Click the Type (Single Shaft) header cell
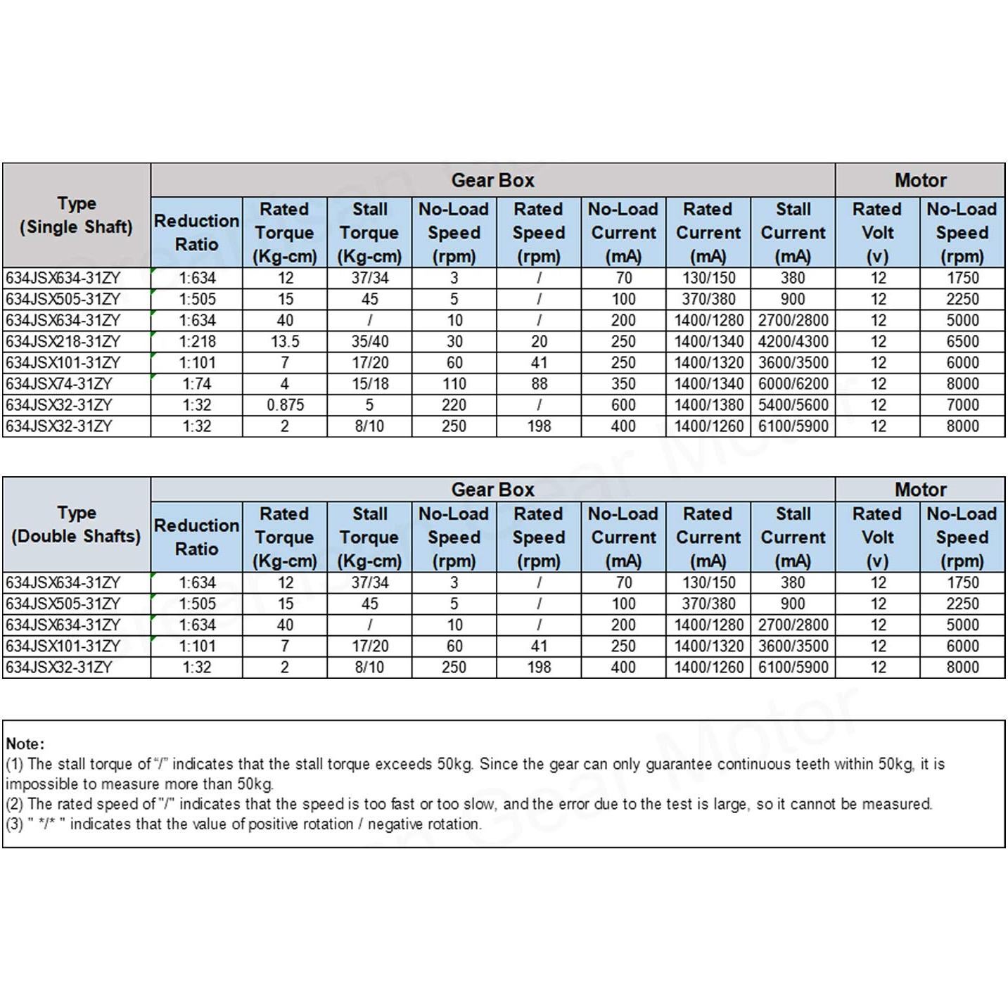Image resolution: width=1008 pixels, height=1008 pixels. click(76, 215)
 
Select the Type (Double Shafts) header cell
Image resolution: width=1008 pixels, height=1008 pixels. click(76, 524)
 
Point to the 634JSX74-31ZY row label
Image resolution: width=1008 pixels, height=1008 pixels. click(59, 384)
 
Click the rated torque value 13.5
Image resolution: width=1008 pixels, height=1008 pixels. click(285, 342)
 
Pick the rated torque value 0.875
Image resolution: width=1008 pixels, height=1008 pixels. click(285, 405)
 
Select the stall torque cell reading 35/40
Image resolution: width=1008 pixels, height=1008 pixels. click(369, 342)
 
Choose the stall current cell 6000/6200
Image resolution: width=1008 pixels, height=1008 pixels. click(793, 384)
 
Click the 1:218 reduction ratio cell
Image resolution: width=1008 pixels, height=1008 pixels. click(197, 342)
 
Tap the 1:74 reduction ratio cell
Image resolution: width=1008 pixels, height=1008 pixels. click(197, 384)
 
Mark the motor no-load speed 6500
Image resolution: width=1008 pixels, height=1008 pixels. click(962, 342)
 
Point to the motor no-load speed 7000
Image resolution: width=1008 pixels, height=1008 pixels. click(962, 405)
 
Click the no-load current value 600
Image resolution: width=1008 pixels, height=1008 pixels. click(623, 405)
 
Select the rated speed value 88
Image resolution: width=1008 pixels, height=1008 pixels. click(539, 384)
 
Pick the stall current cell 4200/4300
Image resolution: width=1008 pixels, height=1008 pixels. click(793, 342)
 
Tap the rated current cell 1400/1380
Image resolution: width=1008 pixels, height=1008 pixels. click(708, 405)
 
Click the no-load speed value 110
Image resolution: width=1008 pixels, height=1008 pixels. click(454, 384)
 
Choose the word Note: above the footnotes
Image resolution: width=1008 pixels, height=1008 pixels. click(25, 744)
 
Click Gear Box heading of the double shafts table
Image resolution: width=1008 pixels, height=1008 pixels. click(492, 490)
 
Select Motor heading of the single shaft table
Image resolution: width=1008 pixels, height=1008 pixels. click(920, 181)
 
